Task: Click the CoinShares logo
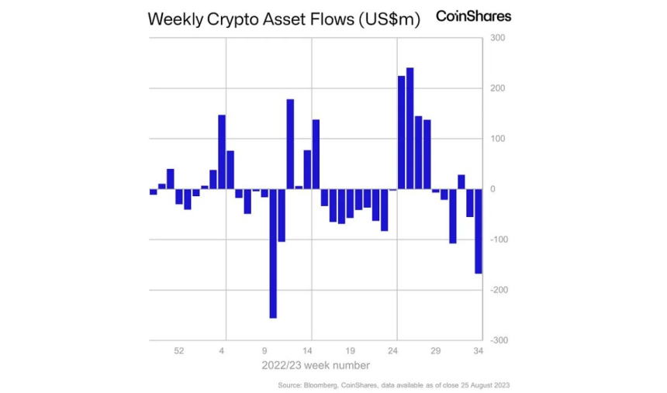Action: click(x=473, y=16)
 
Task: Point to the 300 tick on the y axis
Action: click(x=496, y=38)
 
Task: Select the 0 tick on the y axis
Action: click(x=491, y=189)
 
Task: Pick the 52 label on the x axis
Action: click(x=179, y=351)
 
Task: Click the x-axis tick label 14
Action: click(x=307, y=351)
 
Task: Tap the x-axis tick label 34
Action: click(x=479, y=351)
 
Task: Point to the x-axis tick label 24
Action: click(x=392, y=351)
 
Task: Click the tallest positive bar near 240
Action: click(x=410, y=128)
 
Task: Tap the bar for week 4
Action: click(x=222, y=152)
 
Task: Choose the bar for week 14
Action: click(x=316, y=154)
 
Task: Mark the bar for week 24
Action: click(x=393, y=190)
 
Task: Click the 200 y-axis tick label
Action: click(x=496, y=88)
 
